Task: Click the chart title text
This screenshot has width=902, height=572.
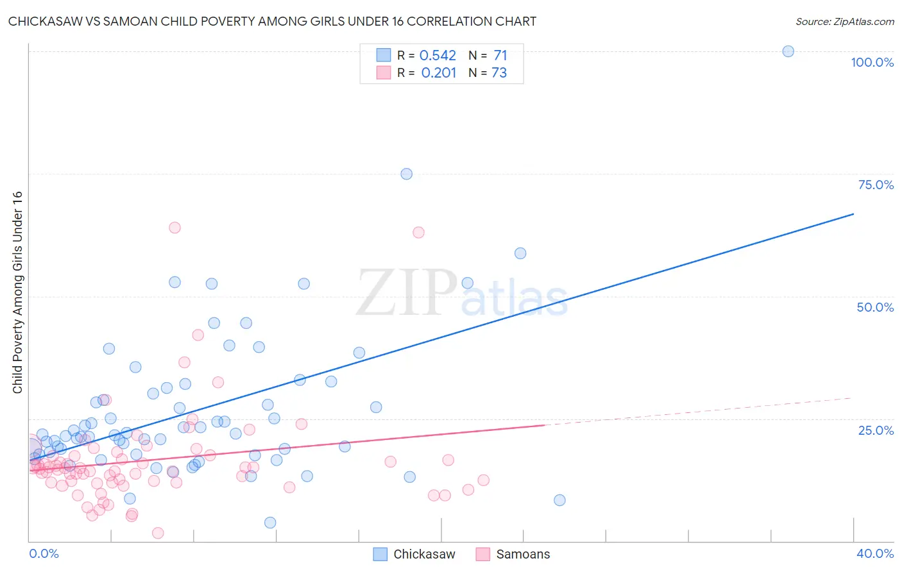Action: pyautogui.click(x=272, y=21)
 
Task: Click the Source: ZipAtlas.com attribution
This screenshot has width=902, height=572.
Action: pyautogui.click(x=844, y=21)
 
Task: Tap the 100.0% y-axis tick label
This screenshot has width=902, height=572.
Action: pyautogui.click(x=872, y=62)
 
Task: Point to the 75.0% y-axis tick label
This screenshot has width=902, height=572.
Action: pyautogui.click(x=876, y=185)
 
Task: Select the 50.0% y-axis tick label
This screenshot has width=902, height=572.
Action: pyautogui.click(x=875, y=307)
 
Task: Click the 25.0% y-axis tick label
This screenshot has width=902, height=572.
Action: pyautogui.click(x=876, y=430)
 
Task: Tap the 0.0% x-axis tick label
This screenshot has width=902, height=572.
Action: pyautogui.click(x=44, y=553)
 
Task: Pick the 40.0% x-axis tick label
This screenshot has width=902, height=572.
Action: pyautogui.click(x=874, y=553)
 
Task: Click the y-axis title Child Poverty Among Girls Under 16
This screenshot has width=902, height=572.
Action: pyautogui.click(x=17, y=292)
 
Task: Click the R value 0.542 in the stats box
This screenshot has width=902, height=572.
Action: pyautogui.click(x=438, y=56)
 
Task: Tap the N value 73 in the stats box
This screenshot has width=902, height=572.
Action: pyautogui.click(x=498, y=73)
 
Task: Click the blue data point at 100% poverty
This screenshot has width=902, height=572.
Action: pyautogui.click(x=788, y=51)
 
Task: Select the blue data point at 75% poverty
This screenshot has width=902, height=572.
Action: pyautogui.click(x=406, y=174)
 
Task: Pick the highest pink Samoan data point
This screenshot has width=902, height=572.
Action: pyautogui.click(x=174, y=228)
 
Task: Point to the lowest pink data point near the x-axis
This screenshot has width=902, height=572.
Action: pyautogui.click(x=158, y=533)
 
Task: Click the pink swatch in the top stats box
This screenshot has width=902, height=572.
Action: pyautogui.click(x=383, y=72)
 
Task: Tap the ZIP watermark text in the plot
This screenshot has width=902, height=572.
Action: pyautogui.click(x=406, y=293)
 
